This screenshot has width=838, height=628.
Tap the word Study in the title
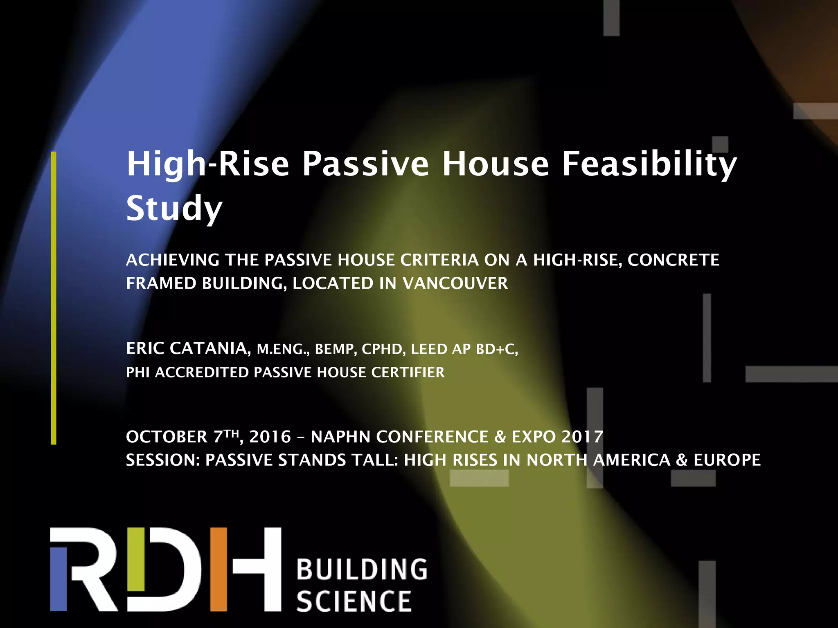point(174,209)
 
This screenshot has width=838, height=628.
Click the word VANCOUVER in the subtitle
point(455,283)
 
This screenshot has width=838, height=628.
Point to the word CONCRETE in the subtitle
point(673,260)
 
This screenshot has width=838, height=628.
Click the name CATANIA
point(209,349)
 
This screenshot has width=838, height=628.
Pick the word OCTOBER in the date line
point(167,437)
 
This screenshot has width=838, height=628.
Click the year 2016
point(270,437)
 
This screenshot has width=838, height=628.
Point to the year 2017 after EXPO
point(582,437)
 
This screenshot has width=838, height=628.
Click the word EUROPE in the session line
point(727,460)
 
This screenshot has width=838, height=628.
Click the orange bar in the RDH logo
point(219,569)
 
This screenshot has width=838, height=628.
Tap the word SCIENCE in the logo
point(354,601)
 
